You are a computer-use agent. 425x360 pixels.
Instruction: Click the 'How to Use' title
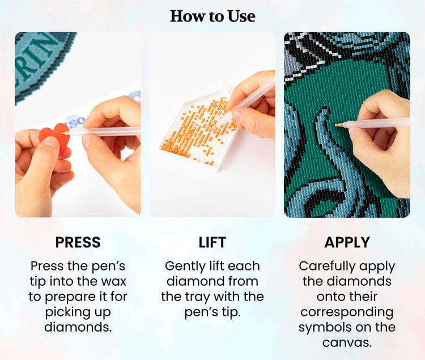212,16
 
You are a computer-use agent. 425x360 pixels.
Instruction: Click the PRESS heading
78,242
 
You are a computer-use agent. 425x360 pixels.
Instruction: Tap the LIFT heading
212,242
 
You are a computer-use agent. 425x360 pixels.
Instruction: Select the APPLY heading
347,242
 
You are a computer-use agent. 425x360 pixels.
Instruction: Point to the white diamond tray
199,130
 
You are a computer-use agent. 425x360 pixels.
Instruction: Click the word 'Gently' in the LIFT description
185,266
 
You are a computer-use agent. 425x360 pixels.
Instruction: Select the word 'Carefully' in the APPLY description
320,266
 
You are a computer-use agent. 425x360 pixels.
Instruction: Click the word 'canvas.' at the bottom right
347,342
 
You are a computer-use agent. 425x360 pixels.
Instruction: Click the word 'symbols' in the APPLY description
321,328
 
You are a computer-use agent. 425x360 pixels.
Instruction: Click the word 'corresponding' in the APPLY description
347,312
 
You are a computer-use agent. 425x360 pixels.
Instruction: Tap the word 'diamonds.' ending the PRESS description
78,327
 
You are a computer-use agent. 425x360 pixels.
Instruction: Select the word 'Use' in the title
241,16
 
